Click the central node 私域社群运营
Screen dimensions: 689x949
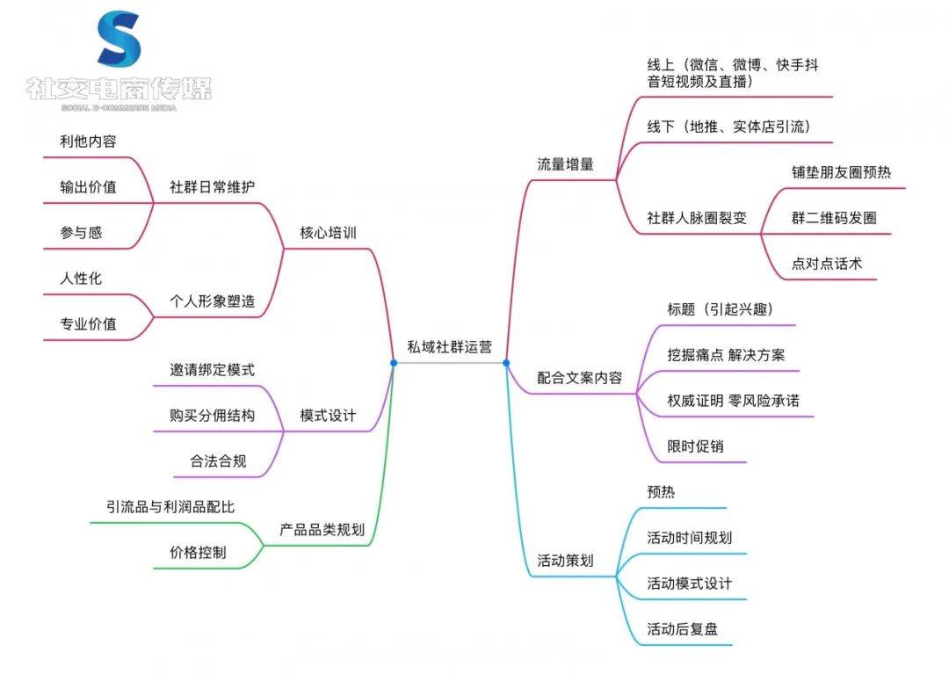pos(449,346)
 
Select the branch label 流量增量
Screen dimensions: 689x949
pos(565,163)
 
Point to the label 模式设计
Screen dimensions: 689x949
pos(328,415)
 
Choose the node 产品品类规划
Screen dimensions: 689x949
pos(322,529)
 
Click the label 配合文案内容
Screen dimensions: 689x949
pos(579,378)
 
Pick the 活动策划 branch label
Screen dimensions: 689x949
pos(565,560)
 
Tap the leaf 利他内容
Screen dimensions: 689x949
pos(88,141)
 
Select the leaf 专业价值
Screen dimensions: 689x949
pos(88,323)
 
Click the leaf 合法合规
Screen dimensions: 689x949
pos(218,461)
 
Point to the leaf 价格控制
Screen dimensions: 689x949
pos(198,552)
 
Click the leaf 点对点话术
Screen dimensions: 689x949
pos(827,263)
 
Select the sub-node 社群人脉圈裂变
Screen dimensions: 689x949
pos(697,217)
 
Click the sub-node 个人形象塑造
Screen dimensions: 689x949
pos(212,301)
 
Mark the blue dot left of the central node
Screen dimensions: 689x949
pos(394,362)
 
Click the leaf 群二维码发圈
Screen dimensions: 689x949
pos(833,217)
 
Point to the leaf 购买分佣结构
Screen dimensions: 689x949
pos(212,415)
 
